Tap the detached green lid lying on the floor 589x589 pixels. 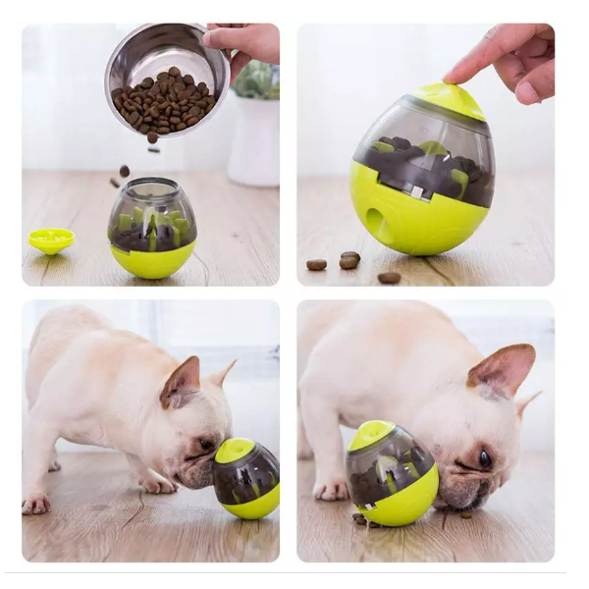(x=51, y=239)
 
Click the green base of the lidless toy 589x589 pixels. (x=151, y=259)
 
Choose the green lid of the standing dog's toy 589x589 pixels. (x=234, y=451)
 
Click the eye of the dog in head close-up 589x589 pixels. (x=485, y=457)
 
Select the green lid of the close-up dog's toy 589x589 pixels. (x=371, y=435)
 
